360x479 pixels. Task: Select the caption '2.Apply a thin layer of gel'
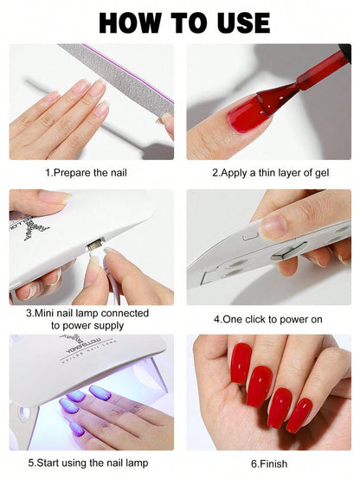click(x=268, y=173)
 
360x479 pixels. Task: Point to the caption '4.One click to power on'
click(x=268, y=319)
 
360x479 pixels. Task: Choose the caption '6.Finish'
click(x=268, y=464)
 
